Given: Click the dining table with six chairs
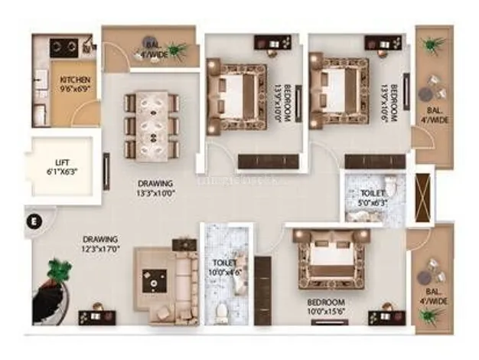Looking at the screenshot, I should pyautogui.click(x=152, y=124).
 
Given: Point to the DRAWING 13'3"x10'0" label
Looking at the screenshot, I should pyautogui.click(x=155, y=188).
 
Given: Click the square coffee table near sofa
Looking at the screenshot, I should pyautogui.click(x=158, y=281).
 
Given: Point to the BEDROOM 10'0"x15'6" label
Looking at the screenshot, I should pyautogui.click(x=325, y=307).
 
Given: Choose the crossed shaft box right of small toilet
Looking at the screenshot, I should pyautogui.click(x=422, y=198).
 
